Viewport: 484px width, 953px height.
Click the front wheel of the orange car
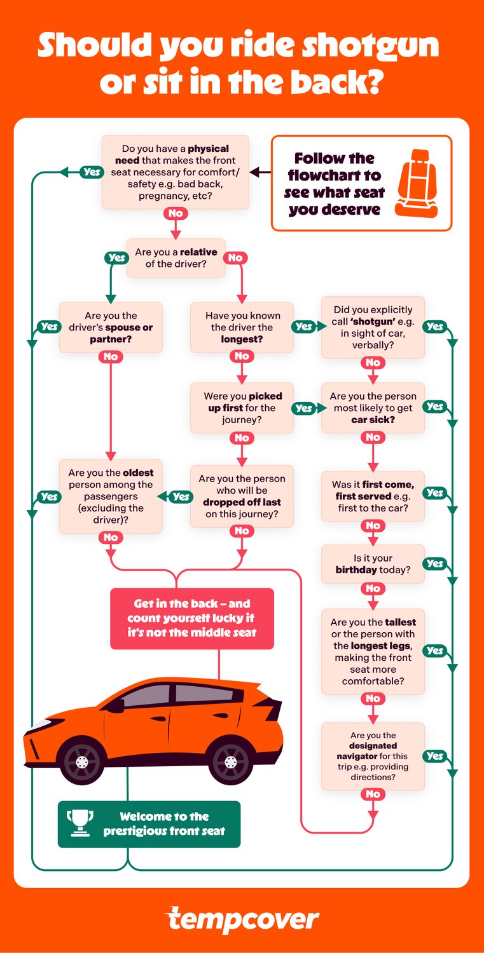[x=81, y=759]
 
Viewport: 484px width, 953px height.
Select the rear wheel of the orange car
[x=231, y=759]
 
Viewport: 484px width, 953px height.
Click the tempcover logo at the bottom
[x=242, y=920]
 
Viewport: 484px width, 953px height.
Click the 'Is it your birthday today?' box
[x=373, y=564]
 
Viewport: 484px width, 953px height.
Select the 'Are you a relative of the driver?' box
[x=176, y=258]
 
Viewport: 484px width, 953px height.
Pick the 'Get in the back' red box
[x=192, y=618]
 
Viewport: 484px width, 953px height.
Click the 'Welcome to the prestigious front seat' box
[x=149, y=824]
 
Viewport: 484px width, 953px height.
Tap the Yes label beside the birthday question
[x=435, y=564]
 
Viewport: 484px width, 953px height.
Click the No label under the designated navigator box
[x=373, y=794]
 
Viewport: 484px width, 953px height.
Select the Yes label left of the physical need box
[x=92, y=172]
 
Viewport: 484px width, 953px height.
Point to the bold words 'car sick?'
[x=372, y=419]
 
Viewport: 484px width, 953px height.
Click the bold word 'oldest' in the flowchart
[x=138, y=473]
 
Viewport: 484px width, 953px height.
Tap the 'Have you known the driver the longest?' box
[x=242, y=327]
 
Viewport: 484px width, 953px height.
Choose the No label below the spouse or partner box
[x=111, y=357]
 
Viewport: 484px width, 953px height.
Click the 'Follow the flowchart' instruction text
[x=334, y=184]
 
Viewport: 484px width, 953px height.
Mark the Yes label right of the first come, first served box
[x=435, y=493]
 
